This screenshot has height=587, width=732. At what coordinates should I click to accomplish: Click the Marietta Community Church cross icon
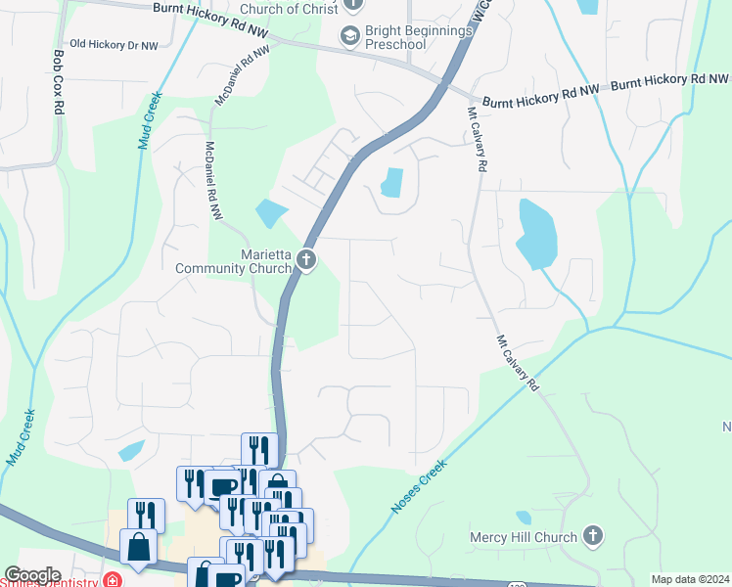point(306,259)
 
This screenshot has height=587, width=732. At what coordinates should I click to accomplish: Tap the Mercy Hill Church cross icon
point(592,536)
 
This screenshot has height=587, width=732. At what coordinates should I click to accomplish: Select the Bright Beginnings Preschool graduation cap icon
point(349,36)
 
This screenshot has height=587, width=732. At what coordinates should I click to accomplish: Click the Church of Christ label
point(290,9)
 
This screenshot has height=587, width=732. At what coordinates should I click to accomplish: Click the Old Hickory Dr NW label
point(114,45)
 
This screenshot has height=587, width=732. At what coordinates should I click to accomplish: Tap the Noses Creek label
point(420,487)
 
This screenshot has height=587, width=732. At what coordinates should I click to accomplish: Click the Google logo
point(32,575)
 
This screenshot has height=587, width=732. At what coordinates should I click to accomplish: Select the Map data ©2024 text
point(691,579)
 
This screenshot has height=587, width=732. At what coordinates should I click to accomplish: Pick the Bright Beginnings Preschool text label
point(420,37)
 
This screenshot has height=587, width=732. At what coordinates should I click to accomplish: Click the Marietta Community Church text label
point(234,261)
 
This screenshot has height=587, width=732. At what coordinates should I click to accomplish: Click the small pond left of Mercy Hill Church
point(524,518)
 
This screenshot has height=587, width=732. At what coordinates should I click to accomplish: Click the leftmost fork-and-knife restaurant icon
point(146,516)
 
